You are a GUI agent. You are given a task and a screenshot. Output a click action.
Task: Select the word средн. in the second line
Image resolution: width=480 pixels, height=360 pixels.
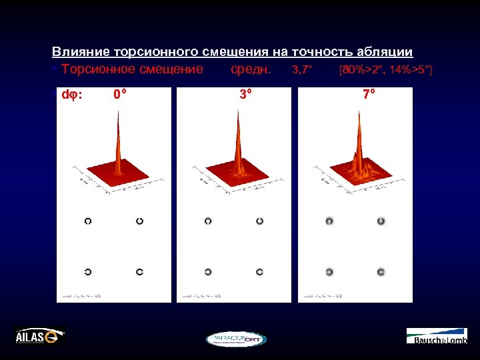tap(250, 69)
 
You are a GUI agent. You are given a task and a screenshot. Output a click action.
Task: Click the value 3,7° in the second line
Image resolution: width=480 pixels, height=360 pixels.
tap(302, 69)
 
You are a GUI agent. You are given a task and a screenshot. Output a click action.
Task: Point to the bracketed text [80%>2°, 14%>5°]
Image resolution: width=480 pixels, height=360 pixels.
tap(385, 69)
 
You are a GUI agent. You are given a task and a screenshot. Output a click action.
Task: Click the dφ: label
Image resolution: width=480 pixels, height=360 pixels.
tap(72, 95)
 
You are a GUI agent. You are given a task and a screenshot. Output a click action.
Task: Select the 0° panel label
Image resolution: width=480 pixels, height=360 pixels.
tap(121, 95)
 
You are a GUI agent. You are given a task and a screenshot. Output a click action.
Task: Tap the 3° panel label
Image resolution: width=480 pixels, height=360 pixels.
tap(247, 95)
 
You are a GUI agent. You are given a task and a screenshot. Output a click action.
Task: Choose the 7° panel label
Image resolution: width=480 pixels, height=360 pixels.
tap(369, 95)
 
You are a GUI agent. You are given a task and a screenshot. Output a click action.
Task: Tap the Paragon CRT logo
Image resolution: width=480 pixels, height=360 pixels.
tap(236, 339)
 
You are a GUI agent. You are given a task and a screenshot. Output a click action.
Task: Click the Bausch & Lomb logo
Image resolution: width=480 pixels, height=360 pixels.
tap(437, 337)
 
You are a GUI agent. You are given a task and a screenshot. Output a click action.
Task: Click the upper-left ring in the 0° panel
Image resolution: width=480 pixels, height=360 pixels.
tap(88, 221)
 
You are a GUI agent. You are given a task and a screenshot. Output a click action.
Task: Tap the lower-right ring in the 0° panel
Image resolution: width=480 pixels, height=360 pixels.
tap(139, 271)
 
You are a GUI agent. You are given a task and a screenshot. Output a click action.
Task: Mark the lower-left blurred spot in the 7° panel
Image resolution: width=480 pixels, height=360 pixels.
tap(329, 271)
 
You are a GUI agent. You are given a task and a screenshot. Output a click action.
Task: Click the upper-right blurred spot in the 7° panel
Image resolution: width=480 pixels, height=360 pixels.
tap(381, 221)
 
